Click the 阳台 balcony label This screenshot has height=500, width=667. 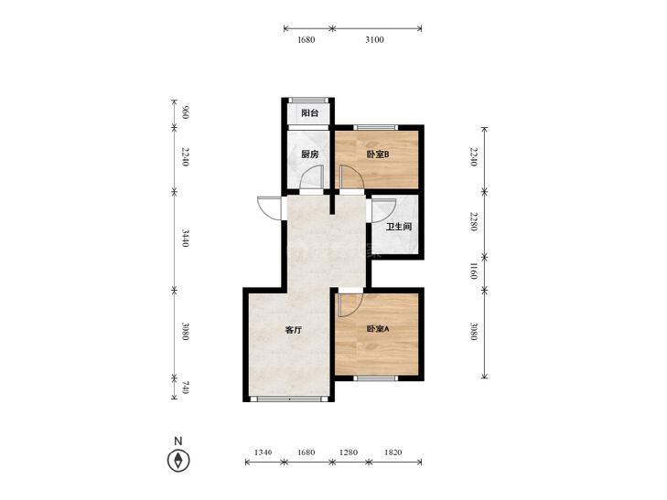tap(309, 113)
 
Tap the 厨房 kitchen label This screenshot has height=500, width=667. tap(309, 154)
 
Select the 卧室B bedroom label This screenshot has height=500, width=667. tap(378, 154)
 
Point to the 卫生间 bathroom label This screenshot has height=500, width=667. tap(399, 227)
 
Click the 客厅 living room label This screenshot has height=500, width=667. tap(293, 330)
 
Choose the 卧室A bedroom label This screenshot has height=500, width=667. tap(378, 329)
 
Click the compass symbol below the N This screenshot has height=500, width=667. tap(178, 461)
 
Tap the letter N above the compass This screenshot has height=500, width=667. tap(178, 441)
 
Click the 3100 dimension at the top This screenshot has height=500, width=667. tap(374, 40)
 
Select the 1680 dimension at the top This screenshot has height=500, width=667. tap(306, 40)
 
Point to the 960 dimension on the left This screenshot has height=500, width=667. tap(185, 113)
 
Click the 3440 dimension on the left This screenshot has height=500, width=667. tap(185, 238)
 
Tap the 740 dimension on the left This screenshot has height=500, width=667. tap(185, 388)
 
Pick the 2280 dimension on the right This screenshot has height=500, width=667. tap(473, 222)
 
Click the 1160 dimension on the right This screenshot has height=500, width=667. tap(473, 271)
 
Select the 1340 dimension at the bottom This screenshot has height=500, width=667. tap(263, 452)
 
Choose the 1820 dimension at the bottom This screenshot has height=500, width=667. tap(393, 452)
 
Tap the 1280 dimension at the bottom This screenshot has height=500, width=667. tap(349, 452)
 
